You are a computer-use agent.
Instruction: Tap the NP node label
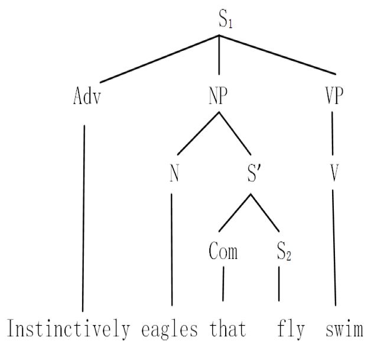[x=218, y=97]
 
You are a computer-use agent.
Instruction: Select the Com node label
[x=223, y=252]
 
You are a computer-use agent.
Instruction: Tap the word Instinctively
[x=69, y=327]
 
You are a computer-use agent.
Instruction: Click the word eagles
[x=170, y=327]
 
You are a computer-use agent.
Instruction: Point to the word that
[x=227, y=327]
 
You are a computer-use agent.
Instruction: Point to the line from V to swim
[x=334, y=248]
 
